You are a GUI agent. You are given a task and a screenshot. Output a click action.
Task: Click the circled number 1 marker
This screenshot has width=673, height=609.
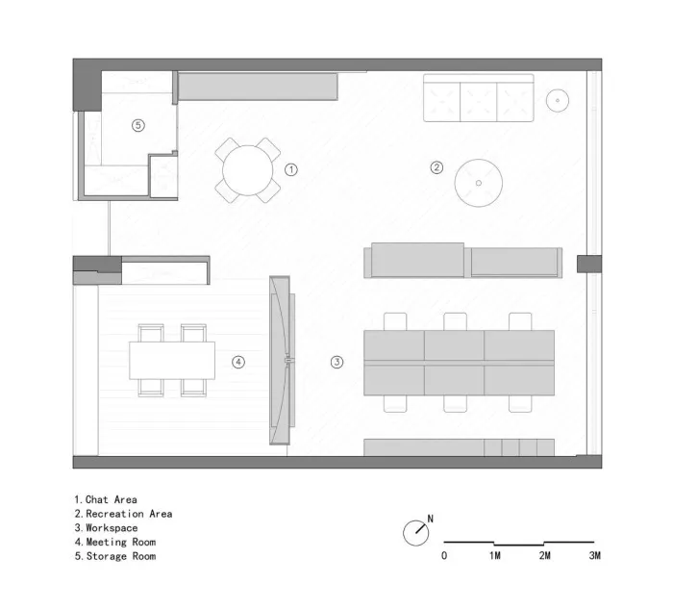pyautogui.click(x=291, y=169)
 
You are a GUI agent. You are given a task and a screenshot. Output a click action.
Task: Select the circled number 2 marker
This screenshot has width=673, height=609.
pyautogui.click(x=436, y=167)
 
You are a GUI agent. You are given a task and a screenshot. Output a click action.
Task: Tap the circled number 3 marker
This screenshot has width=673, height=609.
pyautogui.click(x=336, y=362)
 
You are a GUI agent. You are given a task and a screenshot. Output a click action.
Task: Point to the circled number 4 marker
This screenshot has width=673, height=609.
pyautogui.click(x=238, y=362)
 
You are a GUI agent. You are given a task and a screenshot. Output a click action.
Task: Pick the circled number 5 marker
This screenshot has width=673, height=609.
pyautogui.click(x=137, y=125)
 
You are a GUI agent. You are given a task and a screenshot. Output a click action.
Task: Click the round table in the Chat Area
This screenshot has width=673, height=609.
pyautogui.click(x=248, y=170)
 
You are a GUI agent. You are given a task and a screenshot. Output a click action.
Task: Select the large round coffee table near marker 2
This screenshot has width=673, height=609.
pyautogui.click(x=479, y=183)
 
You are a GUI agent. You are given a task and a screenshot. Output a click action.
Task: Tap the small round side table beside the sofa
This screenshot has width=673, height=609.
pyautogui.click(x=558, y=100)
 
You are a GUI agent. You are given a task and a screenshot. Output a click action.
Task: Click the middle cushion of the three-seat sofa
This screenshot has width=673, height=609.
pyautogui.click(x=478, y=102)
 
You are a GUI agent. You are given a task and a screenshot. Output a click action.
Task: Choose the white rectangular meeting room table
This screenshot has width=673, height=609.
pyautogui.click(x=172, y=361)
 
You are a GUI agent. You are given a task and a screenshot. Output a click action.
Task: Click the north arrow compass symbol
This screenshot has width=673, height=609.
pyautogui.click(x=416, y=533)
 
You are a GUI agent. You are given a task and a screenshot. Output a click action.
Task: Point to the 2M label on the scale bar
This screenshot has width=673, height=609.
pyautogui.click(x=545, y=555)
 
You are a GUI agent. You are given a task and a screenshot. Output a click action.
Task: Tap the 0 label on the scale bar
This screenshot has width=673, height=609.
pyautogui.click(x=444, y=555)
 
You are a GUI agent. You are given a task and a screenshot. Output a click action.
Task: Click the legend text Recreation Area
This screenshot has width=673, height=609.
pyautogui.click(x=129, y=514)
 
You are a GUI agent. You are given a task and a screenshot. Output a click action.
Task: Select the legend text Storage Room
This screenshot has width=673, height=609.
pyautogui.click(x=121, y=556)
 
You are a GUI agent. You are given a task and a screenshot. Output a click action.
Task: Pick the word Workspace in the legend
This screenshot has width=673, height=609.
pyautogui.click(x=112, y=528)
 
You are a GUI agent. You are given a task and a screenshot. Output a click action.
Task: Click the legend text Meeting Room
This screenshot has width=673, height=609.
pyautogui.click(x=121, y=542)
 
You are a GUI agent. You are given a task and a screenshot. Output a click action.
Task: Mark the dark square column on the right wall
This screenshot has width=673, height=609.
pyautogui.click(x=589, y=264)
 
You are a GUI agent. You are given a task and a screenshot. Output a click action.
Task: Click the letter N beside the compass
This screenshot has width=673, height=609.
pyautogui.click(x=430, y=519)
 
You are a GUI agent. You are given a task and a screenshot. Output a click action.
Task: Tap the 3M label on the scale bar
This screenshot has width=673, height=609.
pyautogui.click(x=595, y=555)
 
